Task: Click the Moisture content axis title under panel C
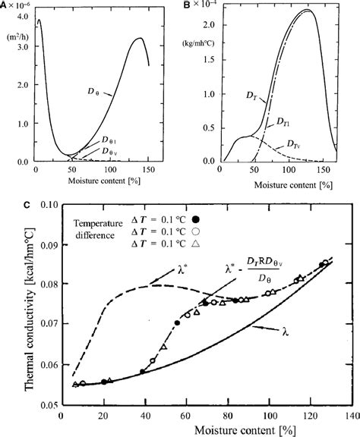tap(202, 429)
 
